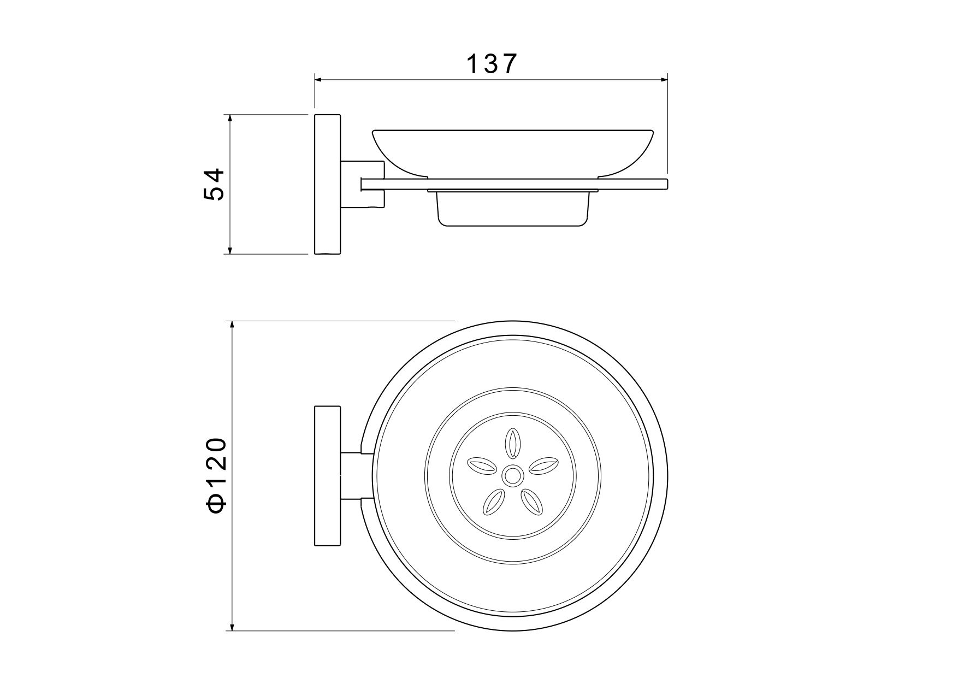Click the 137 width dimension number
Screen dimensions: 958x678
[491, 64]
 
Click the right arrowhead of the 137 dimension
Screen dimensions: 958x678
[662, 80]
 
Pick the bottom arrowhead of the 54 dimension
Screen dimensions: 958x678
[230, 248]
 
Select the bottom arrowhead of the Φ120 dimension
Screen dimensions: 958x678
[233, 624]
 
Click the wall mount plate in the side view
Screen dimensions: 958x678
[327, 185]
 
